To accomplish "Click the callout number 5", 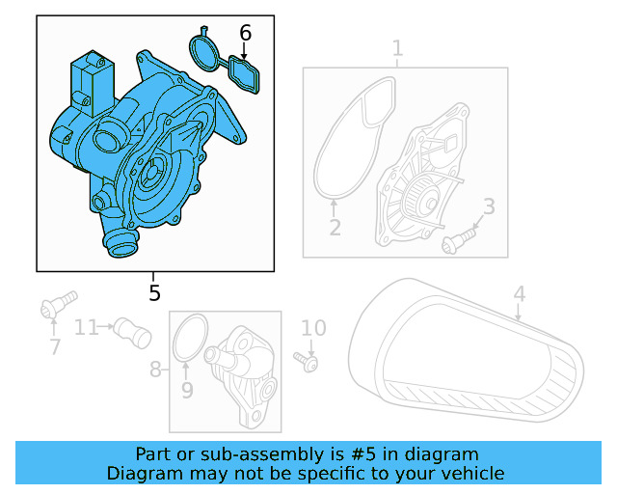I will (154, 292).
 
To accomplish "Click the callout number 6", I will (245, 33).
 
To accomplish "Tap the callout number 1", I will (397, 48).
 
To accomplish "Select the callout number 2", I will (335, 228).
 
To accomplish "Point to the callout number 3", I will (489, 206).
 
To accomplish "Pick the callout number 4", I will (519, 293).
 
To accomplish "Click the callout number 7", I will (54, 346).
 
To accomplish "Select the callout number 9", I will (187, 390).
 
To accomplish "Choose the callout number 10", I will (313, 329).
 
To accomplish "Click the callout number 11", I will (87, 327).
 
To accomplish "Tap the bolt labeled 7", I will (57, 306).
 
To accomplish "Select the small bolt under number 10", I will (310, 363).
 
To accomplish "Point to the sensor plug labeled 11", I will (132, 332).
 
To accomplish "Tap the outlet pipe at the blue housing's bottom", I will (121, 245).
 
